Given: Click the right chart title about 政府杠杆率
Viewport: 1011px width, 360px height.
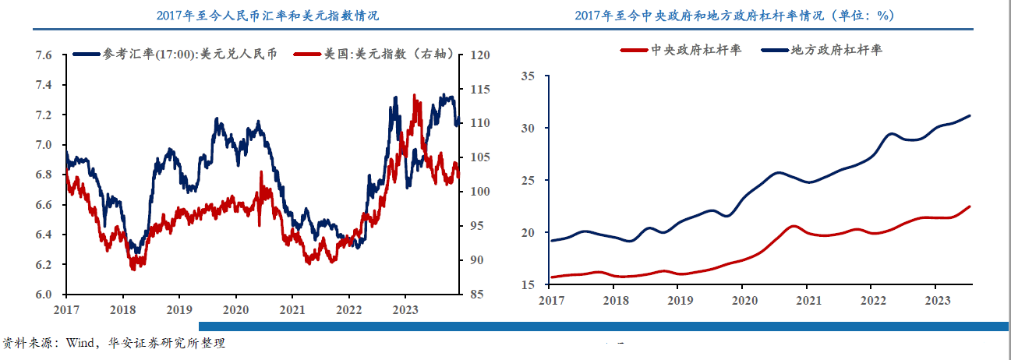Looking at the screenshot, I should point(734,15).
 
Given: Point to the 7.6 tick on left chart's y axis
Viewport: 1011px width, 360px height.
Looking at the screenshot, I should point(44,55).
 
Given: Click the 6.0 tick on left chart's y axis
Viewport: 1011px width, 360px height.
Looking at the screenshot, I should point(44,295).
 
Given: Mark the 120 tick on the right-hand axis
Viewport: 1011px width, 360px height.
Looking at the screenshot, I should point(480,55).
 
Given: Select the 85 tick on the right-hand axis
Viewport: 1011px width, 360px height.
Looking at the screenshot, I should point(477,295).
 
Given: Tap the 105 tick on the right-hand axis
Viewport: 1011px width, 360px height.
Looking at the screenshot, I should point(480,158).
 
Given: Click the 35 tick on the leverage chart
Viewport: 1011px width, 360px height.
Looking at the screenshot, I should point(529,76).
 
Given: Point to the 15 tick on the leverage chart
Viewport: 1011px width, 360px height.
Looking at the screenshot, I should point(529,285).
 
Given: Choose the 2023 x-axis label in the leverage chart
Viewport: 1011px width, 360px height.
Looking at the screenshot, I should point(938,300).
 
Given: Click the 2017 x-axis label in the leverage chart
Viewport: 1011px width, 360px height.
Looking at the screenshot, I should point(551,300).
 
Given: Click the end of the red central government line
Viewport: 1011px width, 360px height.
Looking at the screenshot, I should point(970,206).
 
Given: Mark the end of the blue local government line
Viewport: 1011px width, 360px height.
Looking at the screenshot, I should point(970,116).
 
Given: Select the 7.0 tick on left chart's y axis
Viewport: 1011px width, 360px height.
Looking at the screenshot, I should point(44,145).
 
